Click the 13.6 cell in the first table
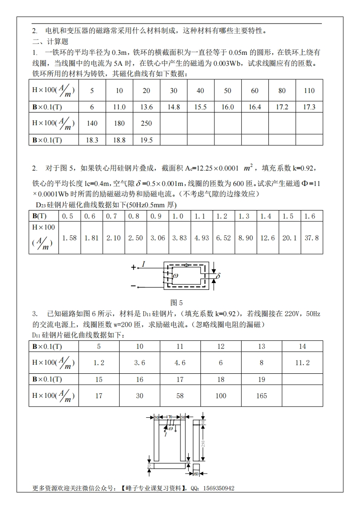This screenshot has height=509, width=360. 146,107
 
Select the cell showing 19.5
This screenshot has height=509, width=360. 146,140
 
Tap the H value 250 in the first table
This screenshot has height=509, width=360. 146,123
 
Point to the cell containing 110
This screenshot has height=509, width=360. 309,91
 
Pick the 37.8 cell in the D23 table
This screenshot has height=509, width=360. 311,238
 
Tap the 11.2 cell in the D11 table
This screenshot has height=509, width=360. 302,362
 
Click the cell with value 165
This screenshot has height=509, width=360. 262,396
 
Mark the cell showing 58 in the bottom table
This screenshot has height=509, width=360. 180,396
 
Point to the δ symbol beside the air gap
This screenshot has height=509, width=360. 218,275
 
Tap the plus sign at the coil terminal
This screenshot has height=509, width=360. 133,268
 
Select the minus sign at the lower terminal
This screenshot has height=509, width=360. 133,286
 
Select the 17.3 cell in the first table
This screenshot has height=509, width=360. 309,107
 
